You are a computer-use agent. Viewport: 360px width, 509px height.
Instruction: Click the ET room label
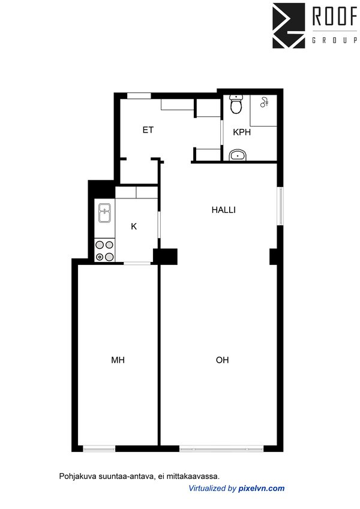(x=148, y=129)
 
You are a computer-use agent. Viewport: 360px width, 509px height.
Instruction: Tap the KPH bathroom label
(x=241, y=132)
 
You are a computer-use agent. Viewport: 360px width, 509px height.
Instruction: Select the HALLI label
(x=223, y=210)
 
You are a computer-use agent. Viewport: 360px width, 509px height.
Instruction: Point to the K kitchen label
(x=134, y=226)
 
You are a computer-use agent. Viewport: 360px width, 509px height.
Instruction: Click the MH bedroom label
(x=118, y=360)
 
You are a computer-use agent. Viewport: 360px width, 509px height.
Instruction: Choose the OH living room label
(x=222, y=360)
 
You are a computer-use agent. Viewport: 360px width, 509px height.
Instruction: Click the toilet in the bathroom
(x=236, y=106)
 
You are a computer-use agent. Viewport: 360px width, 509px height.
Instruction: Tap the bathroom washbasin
(x=238, y=156)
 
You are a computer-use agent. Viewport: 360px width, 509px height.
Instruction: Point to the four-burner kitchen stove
(x=104, y=251)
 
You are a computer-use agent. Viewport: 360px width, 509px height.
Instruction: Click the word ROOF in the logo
(x=334, y=17)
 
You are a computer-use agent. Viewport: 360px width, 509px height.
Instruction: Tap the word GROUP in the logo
(x=334, y=41)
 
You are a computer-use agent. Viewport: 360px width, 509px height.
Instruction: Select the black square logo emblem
(x=289, y=25)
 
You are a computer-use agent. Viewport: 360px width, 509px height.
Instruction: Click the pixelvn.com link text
(x=261, y=489)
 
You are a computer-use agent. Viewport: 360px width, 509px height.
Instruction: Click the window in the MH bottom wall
(x=99, y=448)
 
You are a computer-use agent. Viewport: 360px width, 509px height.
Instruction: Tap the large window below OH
(x=221, y=448)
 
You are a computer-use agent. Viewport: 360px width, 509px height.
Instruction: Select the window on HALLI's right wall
(x=280, y=207)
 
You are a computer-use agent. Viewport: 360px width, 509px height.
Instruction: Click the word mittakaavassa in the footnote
(x=195, y=476)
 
